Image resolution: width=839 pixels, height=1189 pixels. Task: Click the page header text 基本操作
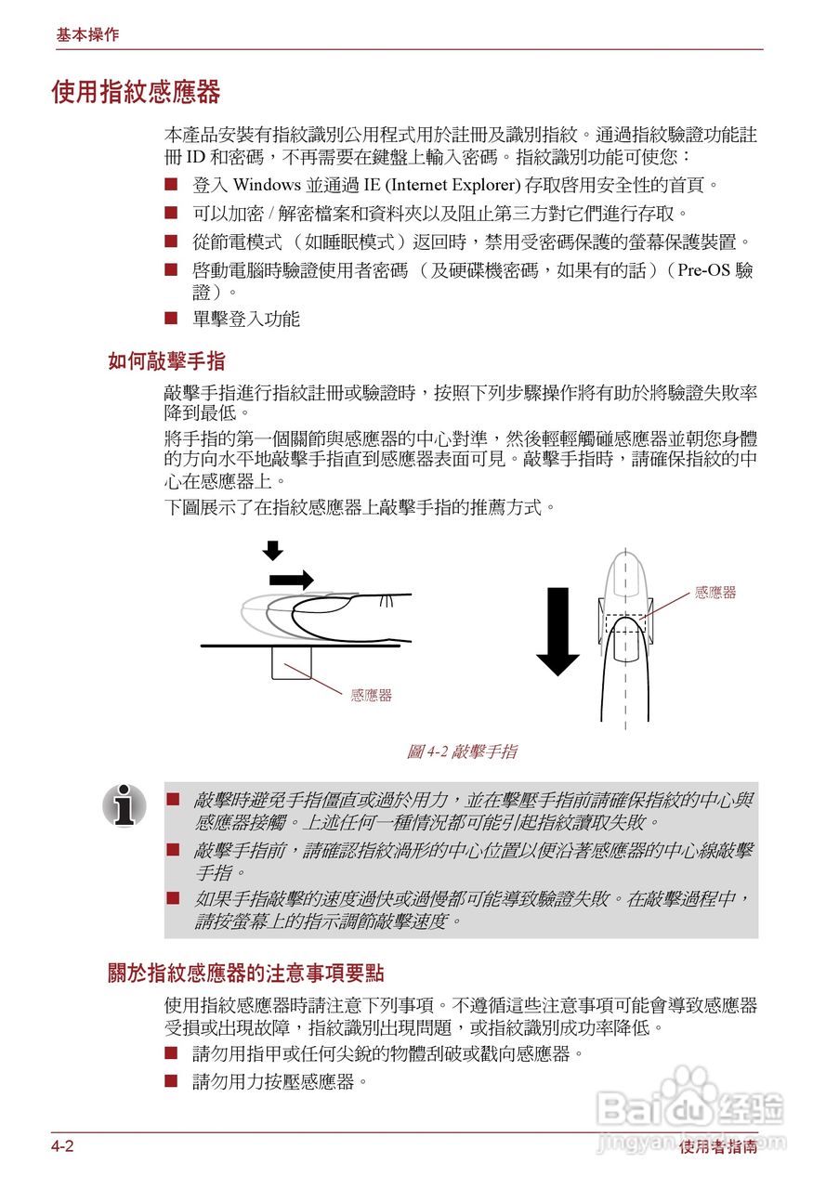coord(87,35)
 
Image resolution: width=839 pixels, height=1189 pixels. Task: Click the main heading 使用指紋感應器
coord(136,93)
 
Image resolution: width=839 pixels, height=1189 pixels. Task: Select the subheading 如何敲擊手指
coord(166,361)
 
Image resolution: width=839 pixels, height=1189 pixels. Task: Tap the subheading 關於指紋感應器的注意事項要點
coord(245,973)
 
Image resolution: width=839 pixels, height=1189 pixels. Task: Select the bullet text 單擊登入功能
coord(246,320)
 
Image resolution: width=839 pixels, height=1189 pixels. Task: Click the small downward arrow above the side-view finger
coord(272,551)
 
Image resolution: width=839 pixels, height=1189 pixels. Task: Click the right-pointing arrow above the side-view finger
coord(291,580)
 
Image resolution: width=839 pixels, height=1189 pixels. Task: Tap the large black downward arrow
coord(557,632)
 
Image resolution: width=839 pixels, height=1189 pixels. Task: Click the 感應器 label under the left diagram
coord(371,696)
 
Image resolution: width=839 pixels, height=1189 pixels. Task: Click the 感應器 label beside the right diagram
coord(714,593)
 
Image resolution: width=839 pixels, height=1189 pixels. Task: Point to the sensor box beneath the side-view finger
coord(291,663)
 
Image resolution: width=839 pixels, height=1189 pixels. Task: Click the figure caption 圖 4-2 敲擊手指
coord(462,751)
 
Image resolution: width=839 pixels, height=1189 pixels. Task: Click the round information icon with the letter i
coord(125,804)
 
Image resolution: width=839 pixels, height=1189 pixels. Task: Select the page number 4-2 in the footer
coord(62,1146)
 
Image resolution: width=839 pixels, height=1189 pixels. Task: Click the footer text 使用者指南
coord(717,1147)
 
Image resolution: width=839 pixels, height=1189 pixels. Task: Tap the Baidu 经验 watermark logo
coord(691,1111)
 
